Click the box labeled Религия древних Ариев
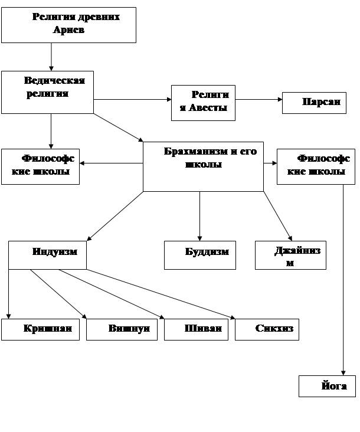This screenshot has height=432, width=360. (x=68, y=25)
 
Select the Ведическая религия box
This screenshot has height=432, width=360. (x=47, y=92)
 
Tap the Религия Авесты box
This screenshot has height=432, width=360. (x=203, y=103)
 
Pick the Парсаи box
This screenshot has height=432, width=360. (x=314, y=103)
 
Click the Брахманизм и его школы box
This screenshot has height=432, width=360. (x=203, y=166)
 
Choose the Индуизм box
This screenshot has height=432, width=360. (x=47, y=255)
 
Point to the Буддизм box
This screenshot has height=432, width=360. (x=200, y=255)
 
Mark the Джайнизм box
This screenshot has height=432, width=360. (x=290, y=255)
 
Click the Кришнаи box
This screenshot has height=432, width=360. (x=40, y=329)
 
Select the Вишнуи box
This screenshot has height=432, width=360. (x=122, y=329)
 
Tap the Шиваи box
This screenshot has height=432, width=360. (x=196, y=329)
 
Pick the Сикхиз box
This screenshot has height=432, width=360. (x=267, y=329)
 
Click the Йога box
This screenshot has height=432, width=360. (x=327, y=386)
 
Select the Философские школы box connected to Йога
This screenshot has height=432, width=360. (x=316, y=166)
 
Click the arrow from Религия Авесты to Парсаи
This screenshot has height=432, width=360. (x=258, y=100)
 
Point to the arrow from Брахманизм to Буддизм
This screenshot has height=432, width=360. (x=199, y=216)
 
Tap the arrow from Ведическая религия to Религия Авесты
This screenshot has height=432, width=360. (x=132, y=100)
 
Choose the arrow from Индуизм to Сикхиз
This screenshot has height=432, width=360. (x=161, y=294)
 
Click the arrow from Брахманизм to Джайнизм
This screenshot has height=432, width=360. (x=277, y=216)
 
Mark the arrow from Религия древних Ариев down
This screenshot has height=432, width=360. (x=51, y=57)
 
